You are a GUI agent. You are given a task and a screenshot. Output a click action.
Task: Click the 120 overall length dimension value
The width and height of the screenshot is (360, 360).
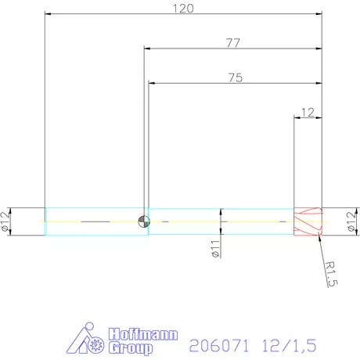click(183, 8)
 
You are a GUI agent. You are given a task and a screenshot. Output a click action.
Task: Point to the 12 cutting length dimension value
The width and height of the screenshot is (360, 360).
click(308, 112)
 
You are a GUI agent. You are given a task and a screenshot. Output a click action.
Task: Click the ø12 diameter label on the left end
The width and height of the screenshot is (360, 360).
click(8, 221)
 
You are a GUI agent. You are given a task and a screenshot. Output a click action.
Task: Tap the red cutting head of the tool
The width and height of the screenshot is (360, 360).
click(308, 221)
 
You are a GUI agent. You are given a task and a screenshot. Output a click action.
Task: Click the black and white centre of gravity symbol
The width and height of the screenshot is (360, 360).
click(142, 221)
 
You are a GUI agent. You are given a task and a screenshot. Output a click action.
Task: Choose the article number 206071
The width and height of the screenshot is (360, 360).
click(213, 342)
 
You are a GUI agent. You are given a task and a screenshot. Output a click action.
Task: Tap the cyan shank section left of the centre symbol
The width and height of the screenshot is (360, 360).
click(94, 221)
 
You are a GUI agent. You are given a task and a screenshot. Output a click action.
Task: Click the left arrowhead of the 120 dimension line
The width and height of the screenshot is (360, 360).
click(49, 13)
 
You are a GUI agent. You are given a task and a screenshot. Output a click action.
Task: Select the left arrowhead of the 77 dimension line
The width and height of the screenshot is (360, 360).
click(147, 49)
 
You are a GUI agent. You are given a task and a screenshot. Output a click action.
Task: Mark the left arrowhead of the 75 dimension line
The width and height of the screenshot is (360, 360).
click(152, 82)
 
